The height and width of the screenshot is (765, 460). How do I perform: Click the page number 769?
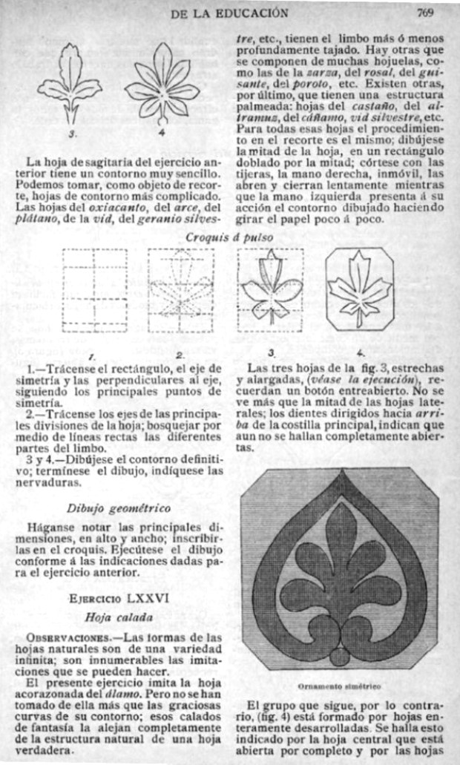pos(424,12)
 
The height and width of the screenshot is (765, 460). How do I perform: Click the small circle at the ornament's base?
pos(341,658)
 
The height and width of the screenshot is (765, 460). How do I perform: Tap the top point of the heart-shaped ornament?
pos(341,482)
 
